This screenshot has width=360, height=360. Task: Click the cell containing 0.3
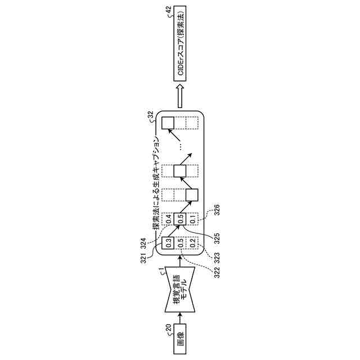pos(168,245)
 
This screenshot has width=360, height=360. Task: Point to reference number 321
pos(143,258)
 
